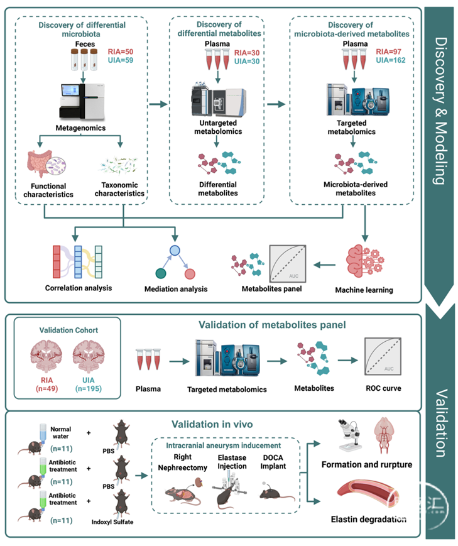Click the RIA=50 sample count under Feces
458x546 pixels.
[x=121, y=52]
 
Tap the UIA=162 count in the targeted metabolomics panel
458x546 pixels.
[x=390, y=60]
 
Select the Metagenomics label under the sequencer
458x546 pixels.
[x=80, y=128]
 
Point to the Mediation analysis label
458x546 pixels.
[x=176, y=288]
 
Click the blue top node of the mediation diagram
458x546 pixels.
[x=175, y=250]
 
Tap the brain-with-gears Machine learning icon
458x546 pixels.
[x=365, y=261]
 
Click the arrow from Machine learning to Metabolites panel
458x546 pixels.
[x=324, y=265]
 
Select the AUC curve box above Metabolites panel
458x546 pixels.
[x=288, y=263]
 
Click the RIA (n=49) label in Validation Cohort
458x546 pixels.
[x=46, y=384]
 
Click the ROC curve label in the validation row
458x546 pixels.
[x=383, y=388]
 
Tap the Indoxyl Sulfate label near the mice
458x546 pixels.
[x=112, y=521]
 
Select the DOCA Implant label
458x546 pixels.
[x=273, y=462]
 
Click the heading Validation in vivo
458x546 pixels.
[x=212, y=424]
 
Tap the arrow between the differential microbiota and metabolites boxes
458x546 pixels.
[x=158, y=104]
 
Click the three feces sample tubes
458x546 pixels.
[x=84, y=60]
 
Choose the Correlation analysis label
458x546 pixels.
[x=79, y=288]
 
